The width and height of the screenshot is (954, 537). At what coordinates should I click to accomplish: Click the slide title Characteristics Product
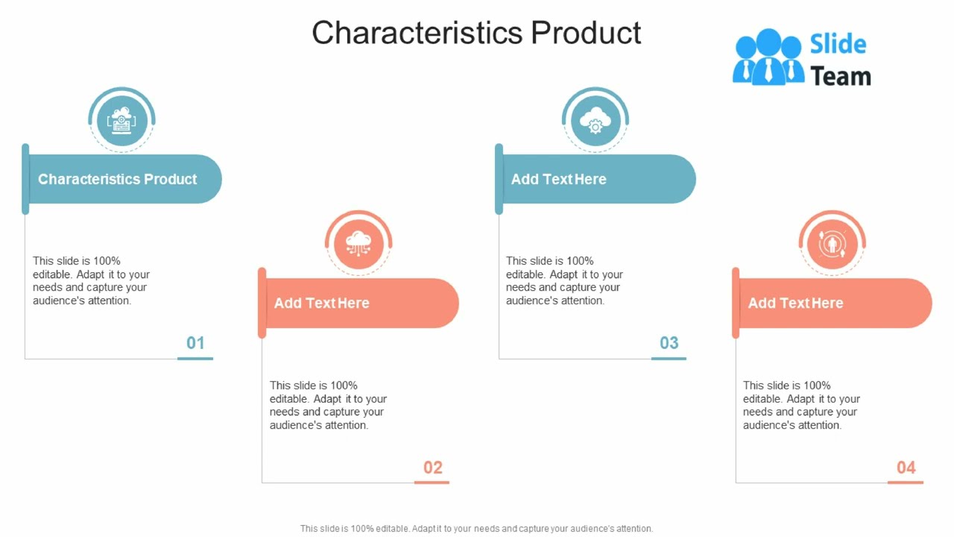pos(476,33)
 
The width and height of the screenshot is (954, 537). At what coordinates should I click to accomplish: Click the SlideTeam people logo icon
pos(768,57)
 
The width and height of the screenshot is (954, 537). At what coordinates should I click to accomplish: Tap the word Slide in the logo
pos(838,44)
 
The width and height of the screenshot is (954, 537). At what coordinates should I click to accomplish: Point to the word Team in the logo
pos(841,76)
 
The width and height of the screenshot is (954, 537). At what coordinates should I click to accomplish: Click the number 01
pos(195,343)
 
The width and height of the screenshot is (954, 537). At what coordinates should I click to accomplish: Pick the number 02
pos(433,468)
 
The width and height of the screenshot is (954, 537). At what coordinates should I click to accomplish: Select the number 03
pos(669,343)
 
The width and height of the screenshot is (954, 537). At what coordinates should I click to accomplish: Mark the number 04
pos(906,468)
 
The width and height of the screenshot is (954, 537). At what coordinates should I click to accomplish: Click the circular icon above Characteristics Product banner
pos(121,120)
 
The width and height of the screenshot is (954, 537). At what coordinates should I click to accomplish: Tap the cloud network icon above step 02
pos(358,243)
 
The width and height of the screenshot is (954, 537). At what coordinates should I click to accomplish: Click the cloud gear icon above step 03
pos(595,120)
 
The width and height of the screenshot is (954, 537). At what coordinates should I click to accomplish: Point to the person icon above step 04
pos(832,243)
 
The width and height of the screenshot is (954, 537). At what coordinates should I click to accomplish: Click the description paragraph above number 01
pos(91,280)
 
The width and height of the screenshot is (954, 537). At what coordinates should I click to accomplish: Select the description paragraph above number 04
pos(801,405)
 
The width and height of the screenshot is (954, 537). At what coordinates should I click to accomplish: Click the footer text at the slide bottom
pos(476,528)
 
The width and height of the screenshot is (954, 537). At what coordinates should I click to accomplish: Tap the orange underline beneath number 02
pos(432,483)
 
